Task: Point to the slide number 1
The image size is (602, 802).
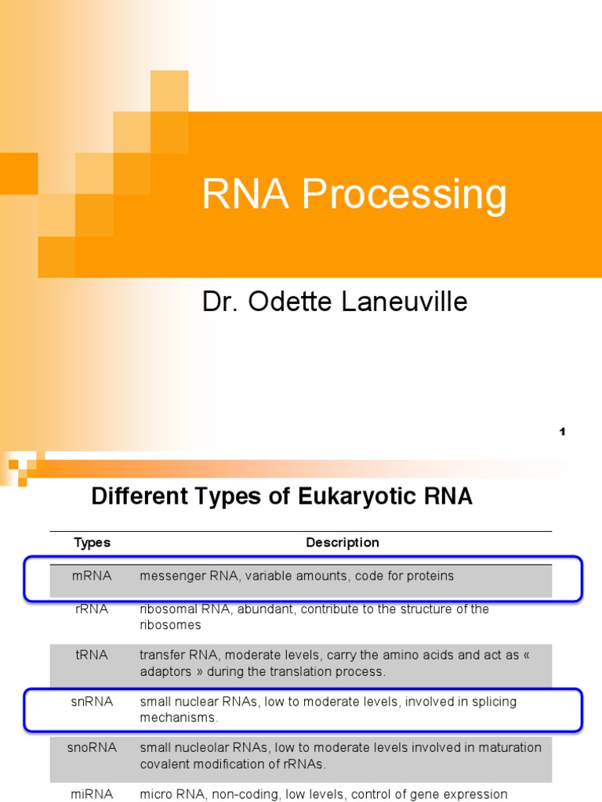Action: tap(562, 432)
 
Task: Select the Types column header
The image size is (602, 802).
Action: tap(92, 543)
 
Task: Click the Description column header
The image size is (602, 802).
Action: tap(342, 543)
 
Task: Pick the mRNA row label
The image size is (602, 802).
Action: tap(92, 576)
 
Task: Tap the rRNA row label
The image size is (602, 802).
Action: tap(92, 609)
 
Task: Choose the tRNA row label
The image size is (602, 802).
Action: tap(92, 656)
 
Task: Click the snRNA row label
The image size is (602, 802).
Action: tap(92, 702)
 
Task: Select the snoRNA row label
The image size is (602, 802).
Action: tap(92, 748)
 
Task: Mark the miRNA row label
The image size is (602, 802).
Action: tap(92, 794)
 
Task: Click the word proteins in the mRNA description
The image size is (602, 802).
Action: tap(428, 576)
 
